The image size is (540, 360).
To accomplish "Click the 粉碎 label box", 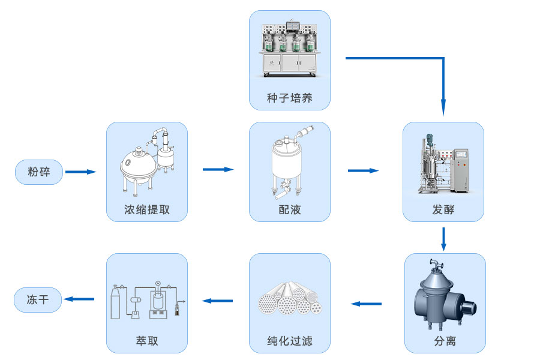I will tap(39, 172).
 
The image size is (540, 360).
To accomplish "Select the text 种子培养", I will tap(290, 98).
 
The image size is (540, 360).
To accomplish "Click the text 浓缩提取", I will tap(147, 210).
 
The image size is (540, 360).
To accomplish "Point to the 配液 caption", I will tap(290, 210).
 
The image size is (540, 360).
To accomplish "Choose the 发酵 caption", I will tap(443, 210).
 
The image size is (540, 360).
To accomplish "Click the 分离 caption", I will tap(445, 341).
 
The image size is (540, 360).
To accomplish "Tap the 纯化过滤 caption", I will tap(290, 341).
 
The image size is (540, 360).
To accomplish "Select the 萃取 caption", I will tap(147, 341).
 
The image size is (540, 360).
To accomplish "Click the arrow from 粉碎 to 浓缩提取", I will tap(80, 172).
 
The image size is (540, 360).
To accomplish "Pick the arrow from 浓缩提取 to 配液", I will tap(218, 170).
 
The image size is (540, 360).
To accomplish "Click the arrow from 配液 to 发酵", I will tap(363, 171).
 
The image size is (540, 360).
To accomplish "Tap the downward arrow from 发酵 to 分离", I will tap(443, 239).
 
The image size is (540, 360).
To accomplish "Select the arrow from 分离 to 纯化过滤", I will tap(366, 304).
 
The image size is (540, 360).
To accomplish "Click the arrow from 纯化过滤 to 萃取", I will tap(218, 300).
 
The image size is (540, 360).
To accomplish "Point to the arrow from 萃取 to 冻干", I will tap(80, 299).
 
